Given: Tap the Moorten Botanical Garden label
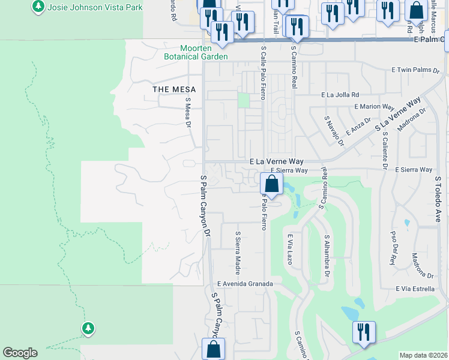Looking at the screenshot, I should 195,52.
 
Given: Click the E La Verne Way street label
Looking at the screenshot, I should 277,162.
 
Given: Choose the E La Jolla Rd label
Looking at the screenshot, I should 340,95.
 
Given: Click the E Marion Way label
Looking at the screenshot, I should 372,106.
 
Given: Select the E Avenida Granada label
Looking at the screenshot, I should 245,284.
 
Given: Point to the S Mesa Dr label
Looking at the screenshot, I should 188,113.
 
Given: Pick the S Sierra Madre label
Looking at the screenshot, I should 238,250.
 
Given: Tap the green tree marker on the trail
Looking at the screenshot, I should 88,328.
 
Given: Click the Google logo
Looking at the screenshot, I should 20,353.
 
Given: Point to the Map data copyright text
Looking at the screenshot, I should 423,355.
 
